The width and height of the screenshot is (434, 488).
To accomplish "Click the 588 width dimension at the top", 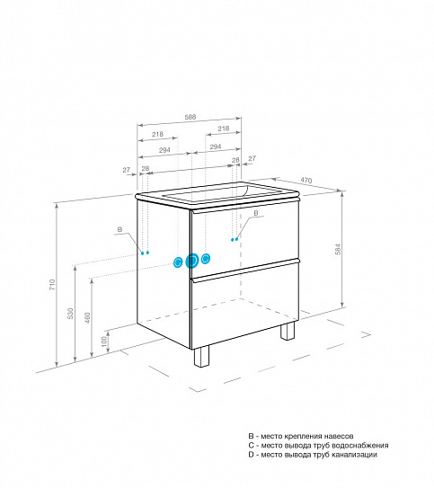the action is [190, 117].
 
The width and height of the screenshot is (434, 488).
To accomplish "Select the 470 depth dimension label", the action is [306, 181].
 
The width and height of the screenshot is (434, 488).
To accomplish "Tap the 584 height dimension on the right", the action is [338, 249].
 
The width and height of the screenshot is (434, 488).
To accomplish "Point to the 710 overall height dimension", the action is [52, 285].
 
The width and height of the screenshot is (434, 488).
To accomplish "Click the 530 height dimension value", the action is [71, 314].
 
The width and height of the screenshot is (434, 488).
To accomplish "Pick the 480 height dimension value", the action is [88, 318].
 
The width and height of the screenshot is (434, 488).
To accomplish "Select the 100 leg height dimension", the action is [104, 341].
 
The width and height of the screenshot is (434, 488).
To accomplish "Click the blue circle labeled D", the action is [191, 261].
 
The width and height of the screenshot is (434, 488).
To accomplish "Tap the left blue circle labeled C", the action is [178, 262].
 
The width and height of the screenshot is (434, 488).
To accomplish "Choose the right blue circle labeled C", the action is [206, 258].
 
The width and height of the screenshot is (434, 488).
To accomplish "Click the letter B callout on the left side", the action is [120, 230].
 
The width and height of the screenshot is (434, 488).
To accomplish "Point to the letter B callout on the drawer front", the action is [256, 213].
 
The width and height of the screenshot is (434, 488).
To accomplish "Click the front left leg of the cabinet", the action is [201, 356].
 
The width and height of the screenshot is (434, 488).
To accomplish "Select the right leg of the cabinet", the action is [288, 331].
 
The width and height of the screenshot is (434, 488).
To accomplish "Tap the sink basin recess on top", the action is [206, 193].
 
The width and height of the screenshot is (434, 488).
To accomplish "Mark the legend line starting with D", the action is [313, 455].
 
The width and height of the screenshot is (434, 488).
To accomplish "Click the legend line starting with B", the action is [301, 436].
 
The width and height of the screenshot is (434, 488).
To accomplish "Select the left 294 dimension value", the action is [164, 150].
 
